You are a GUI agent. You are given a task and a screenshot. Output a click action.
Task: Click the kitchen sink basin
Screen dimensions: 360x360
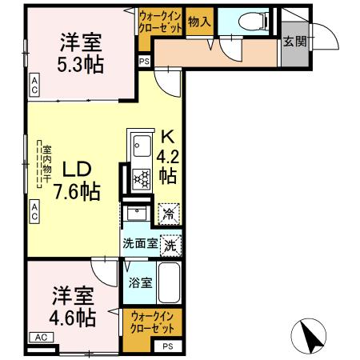(x=142, y=147)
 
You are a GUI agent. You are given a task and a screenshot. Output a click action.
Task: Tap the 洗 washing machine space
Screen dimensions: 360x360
(x=170, y=246)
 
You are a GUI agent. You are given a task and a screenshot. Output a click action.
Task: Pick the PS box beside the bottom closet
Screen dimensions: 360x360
(x=167, y=346)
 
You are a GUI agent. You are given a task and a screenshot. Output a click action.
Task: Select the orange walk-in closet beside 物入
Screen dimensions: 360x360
(x=160, y=21)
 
